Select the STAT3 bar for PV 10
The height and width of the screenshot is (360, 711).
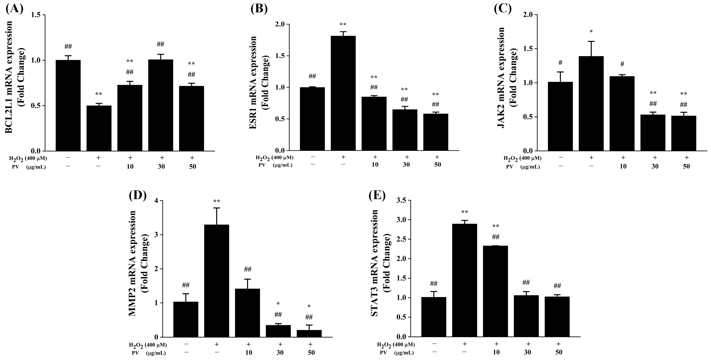(495, 291)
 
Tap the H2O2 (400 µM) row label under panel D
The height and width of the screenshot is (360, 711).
(148, 345)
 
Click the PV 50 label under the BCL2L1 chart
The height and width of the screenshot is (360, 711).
(192, 167)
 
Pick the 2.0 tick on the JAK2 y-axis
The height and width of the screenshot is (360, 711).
(527, 15)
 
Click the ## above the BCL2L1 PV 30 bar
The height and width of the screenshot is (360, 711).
(160, 44)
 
